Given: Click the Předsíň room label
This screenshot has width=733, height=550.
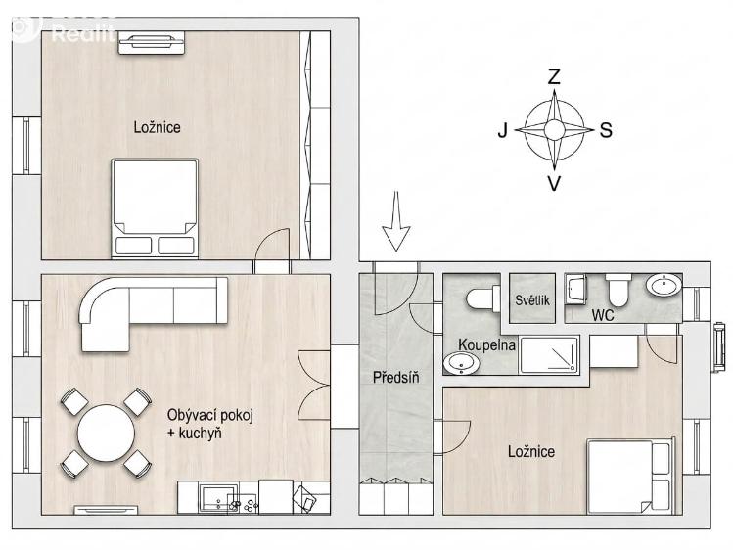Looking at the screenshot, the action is pyautogui.click(x=396, y=378).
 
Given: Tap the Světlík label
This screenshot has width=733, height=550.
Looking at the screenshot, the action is pyautogui.click(x=532, y=300).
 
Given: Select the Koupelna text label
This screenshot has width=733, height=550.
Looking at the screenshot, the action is pyautogui.click(x=486, y=345).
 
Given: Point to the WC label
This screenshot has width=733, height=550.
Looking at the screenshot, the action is pyautogui.click(x=603, y=315).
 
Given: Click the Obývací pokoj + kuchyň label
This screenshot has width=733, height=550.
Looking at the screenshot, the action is pyautogui.click(x=209, y=424).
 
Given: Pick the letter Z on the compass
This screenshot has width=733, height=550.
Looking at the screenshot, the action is pyautogui.click(x=554, y=76).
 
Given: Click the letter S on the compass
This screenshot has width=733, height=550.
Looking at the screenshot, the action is pyautogui.click(x=606, y=130).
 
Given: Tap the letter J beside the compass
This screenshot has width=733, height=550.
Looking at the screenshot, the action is pyautogui.click(x=503, y=130).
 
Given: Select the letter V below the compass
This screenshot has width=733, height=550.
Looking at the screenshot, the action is pyautogui.click(x=554, y=184).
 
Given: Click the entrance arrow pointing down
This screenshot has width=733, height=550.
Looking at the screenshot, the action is pyautogui.click(x=396, y=221).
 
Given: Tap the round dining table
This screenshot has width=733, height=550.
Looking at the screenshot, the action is pyautogui.click(x=106, y=434).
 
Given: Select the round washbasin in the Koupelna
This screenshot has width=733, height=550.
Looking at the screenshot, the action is pyautogui.click(x=461, y=363).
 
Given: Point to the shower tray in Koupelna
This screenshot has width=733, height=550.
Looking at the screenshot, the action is pyautogui.click(x=550, y=354).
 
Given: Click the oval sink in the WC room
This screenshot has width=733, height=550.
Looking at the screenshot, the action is pyautogui.click(x=664, y=285).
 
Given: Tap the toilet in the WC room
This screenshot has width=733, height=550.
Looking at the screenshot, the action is pyautogui.click(x=618, y=288).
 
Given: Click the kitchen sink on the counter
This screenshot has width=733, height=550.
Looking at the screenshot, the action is pyautogui.click(x=218, y=498).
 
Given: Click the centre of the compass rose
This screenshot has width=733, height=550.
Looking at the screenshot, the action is pyautogui.click(x=554, y=129).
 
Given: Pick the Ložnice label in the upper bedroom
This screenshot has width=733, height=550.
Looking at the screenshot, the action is pyautogui.click(x=157, y=127).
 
